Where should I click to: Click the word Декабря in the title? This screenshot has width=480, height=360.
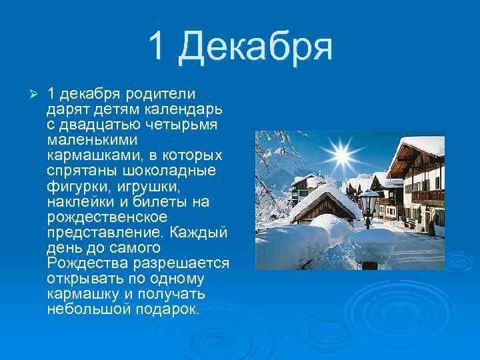click(257, 45)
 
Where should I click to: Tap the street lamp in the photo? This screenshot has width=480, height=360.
click(368, 204)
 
